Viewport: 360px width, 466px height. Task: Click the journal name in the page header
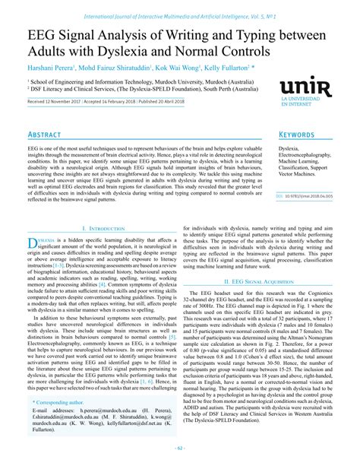[x=179, y=6]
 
